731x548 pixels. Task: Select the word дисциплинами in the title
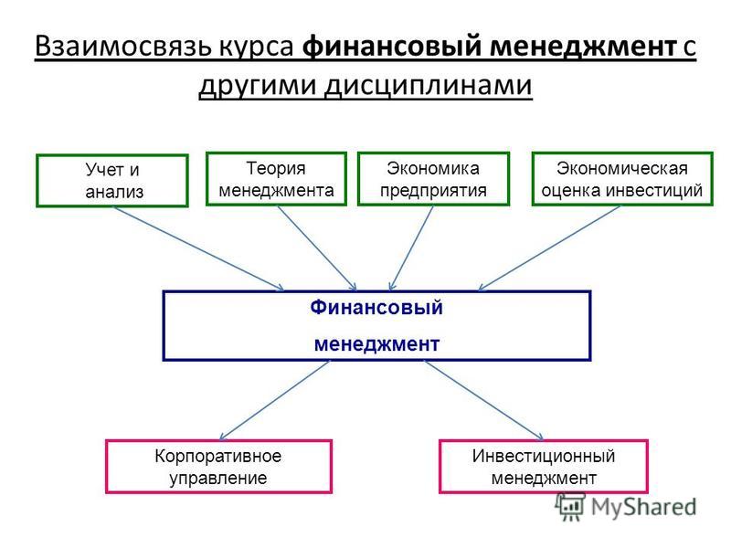pyautogui.click(x=428, y=86)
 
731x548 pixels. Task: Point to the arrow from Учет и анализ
pyautogui.click(x=199, y=249)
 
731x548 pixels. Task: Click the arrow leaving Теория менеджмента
pyautogui.click(x=317, y=248)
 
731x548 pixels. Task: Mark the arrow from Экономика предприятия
pyautogui.click(x=411, y=248)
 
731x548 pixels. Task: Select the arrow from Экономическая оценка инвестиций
pyautogui.click(x=549, y=248)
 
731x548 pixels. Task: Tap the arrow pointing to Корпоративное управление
pyautogui.click(x=275, y=401)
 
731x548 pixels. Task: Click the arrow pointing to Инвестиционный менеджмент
pyautogui.click(x=484, y=401)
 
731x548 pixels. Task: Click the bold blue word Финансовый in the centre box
pyautogui.click(x=376, y=308)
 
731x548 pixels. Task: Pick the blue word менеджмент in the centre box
pyautogui.click(x=376, y=344)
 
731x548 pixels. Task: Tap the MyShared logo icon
pyautogui.click(x=570, y=507)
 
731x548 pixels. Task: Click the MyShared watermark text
pyautogui.click(x=644, y=507)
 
